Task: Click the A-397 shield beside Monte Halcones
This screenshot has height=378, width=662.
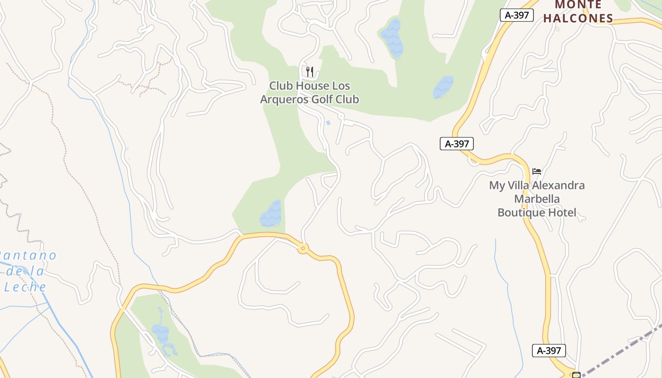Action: pyautogui.click(x=516, y=15)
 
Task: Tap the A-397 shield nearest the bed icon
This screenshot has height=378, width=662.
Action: pyautogui.click(x=456, y=144)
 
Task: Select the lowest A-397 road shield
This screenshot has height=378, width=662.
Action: pyautogui.click(x=549, y=351)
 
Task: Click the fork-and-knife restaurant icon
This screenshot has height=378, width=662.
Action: pyautogui.click(x=310, y=72)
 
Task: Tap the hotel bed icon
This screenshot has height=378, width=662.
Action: pyautogui.click(x=536, y=171)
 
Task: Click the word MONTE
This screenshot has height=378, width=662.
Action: pyautogui.click(x=578, y=5)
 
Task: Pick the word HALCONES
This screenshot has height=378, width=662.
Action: pyautogui.click(x=578, y=18)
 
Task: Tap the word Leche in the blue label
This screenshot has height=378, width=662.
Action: pyautogui.click(x=26, y=286)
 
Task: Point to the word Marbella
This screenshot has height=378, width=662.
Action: pyautogui.click(x=537, y=199)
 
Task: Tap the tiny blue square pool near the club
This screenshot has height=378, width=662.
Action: pyautogui.click(x=328, y=123)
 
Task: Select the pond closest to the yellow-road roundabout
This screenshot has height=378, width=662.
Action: pyautogui.click(x=271, y=214)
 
